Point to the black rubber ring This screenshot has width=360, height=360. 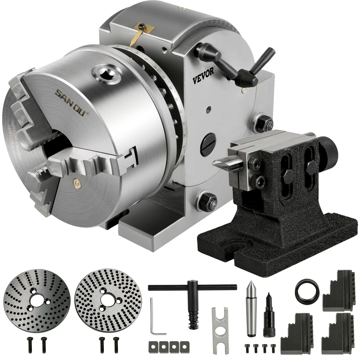click(306, 289)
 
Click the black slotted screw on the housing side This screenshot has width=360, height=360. click(208, 144)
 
